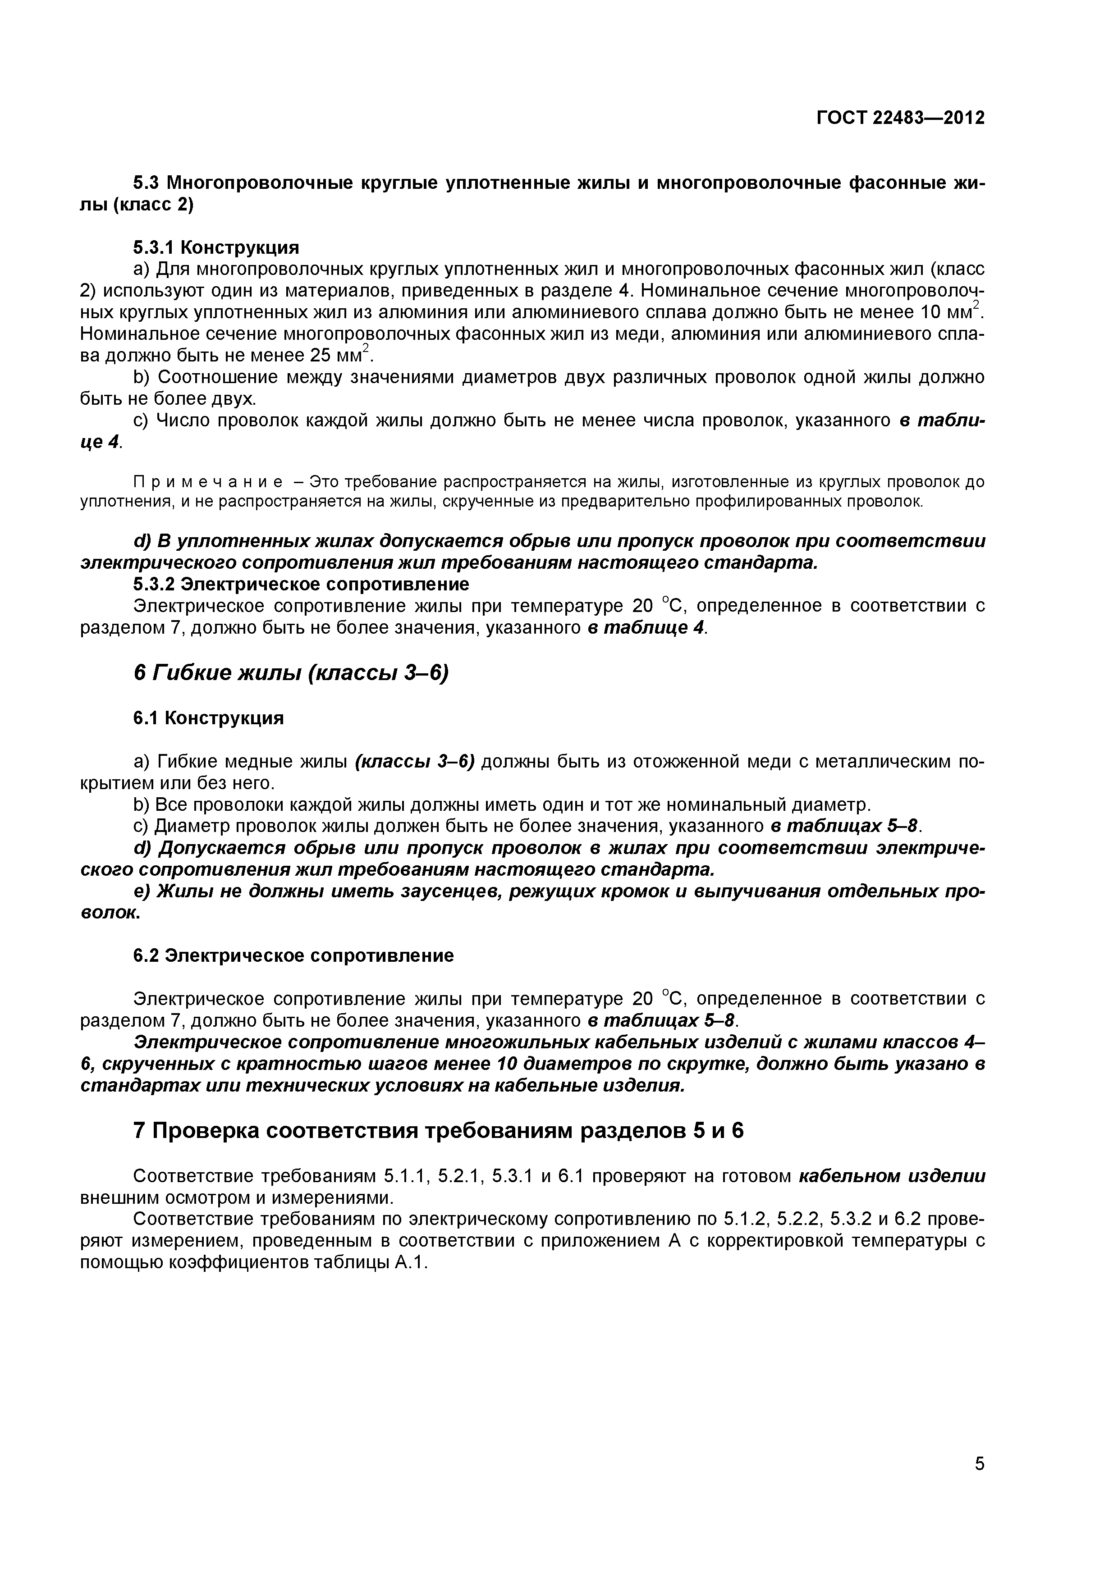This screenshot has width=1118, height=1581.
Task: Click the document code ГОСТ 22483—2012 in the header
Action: coord(900,119)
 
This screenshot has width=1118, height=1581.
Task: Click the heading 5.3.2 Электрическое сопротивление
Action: coord(301,584)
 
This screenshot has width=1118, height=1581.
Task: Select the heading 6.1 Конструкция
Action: coord(208,718)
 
